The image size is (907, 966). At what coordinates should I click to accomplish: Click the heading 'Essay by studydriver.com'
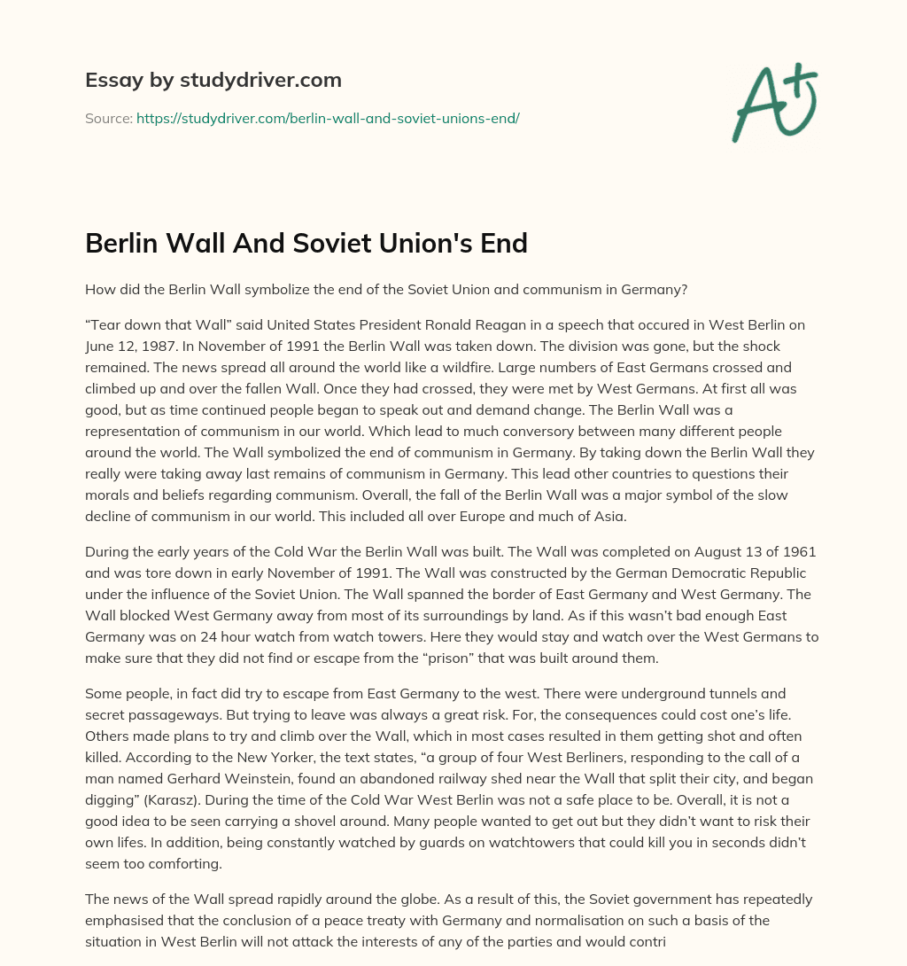[x=213, y=80]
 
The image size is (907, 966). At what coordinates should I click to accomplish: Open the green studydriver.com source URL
[x=328, y=118]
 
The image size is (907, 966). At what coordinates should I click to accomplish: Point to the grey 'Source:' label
[x=108, y=118]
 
